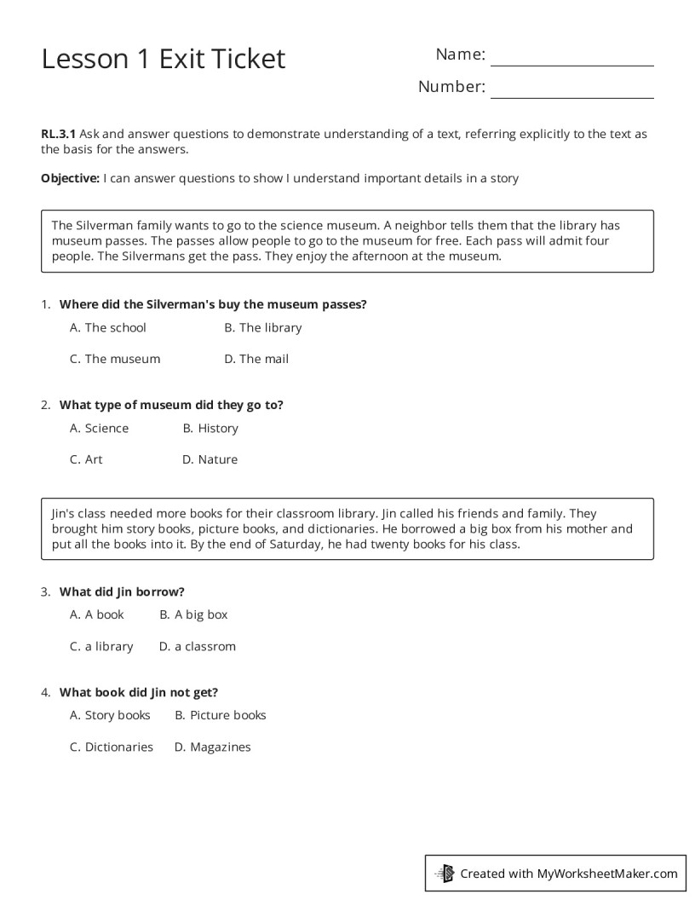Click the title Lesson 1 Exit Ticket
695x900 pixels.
coord(164,59)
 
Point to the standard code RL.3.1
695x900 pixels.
coord(59,134)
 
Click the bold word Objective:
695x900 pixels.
coord(70,178)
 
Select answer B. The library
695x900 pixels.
coord(262,327)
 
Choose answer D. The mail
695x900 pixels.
coord(256,359)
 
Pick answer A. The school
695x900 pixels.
coord(108,327)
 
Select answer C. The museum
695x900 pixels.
coord(115,359)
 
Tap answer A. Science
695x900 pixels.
coord(100,428)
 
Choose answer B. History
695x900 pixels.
coord(210,428)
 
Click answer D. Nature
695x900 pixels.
coord(210,459)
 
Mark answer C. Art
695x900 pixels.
coord(86,459)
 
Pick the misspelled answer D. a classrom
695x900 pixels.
coord(198,646)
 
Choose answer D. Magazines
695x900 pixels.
coord(213,747)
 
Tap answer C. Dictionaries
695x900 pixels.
coord(112,747)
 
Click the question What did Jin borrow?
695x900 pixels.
coord(122,591)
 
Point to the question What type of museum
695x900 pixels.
coord(171,405)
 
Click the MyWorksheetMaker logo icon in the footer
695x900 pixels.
coord(445,873)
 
